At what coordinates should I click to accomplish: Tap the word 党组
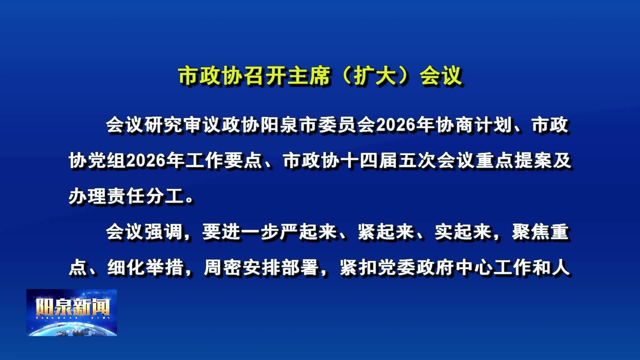tap(107, 161)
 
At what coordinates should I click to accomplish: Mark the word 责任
tap(126, 197)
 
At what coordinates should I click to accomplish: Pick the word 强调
tap(164, 232)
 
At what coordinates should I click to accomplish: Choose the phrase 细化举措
tap(146, 268)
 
